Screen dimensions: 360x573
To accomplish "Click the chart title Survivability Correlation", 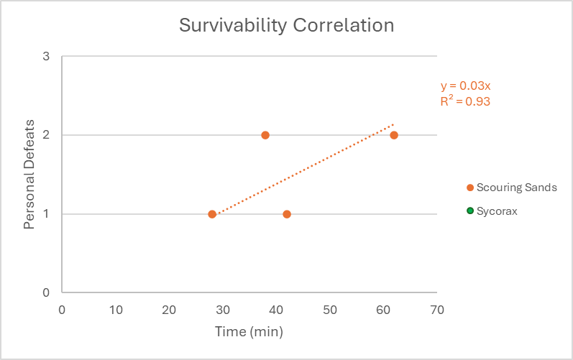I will (x=286, y=25).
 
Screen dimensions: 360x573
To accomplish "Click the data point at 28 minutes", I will (x=212, y=214).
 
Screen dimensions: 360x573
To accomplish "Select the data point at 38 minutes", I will (x=265, y=135).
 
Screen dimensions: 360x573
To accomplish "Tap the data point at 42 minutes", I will (x=287, y=214).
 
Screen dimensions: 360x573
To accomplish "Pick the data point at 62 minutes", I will (x=394, y=135).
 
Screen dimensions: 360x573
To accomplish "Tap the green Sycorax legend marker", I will (x=470, y=211).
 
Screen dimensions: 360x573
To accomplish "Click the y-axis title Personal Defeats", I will (x=29, y=175).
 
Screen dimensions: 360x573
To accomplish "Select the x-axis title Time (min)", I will (x=249, y=332).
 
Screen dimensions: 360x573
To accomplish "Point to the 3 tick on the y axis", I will (x=45, y=56).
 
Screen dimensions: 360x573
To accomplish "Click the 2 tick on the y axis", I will (x=45, y=135).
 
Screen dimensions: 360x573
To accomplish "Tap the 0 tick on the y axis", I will (x=45, y=292).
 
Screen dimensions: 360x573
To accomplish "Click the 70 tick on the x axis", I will (x=436, y=310).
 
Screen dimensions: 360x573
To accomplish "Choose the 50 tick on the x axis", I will (x=329, y=310).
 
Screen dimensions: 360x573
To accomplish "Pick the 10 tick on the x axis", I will (x=116, y=310).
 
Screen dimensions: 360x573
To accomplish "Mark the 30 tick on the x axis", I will (x=223, y=310).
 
